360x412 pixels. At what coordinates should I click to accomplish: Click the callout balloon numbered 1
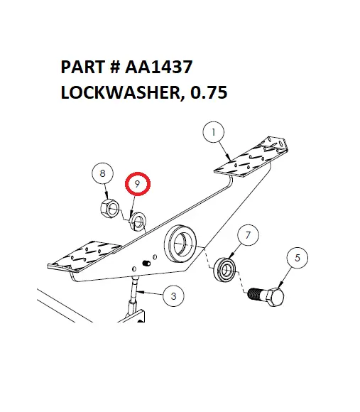pyautogui.click(x=213, y=132)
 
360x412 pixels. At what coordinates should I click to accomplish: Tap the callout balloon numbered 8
pyautogui.click(x=103, y=173)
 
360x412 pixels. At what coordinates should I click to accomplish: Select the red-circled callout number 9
pyautogui.click(x=138, y=184)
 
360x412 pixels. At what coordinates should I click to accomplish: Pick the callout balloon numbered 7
pyautogui.click(x=247, y=234)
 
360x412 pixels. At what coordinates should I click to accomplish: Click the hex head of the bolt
pyautogui.click(x=278, y=297)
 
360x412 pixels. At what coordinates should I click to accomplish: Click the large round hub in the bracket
pyautogui.click(x=182, y=244)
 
